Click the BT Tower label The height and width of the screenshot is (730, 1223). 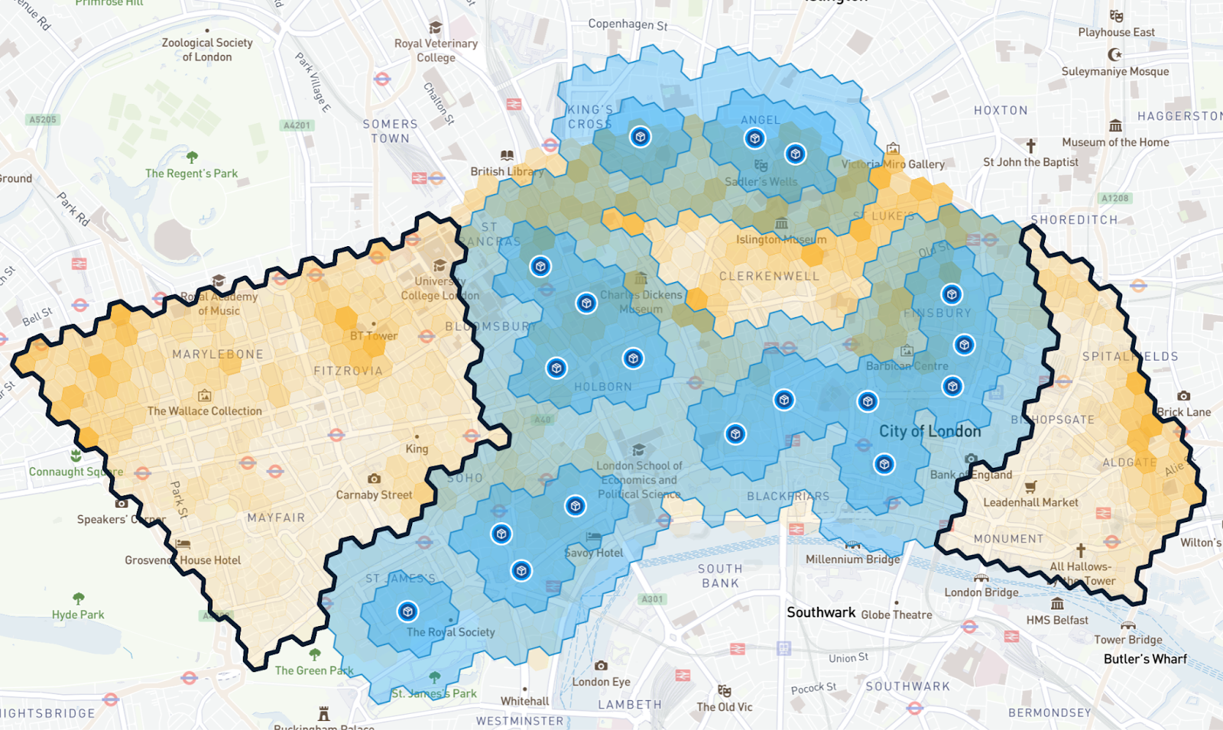point(374,336)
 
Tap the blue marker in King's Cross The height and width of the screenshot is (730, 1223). point(641,137)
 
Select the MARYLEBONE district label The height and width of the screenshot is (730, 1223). point(218,355)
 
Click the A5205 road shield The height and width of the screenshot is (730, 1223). point(43,120)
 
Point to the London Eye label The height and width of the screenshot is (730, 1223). point(602,682)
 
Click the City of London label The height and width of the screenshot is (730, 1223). point(929,431)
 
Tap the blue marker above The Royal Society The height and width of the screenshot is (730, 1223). point(407,612)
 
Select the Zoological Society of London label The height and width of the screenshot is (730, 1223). point(207,50)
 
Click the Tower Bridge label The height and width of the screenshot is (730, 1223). point(1127,640)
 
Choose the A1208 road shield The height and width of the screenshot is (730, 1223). point(1114,199)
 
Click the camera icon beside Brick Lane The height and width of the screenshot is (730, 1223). point(1183,396)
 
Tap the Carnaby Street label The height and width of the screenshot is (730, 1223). point(374,495)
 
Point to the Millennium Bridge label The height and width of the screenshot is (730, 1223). point(852,559)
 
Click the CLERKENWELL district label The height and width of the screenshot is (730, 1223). point(769,276)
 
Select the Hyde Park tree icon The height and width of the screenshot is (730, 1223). point(78,599)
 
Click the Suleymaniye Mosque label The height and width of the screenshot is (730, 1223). point(1114,72)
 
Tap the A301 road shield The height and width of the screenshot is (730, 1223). point(652,599)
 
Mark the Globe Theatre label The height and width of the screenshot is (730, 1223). point(897,615)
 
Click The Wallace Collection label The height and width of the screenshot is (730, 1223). point(204,411)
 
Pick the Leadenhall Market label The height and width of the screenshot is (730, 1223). point(1030,502)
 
